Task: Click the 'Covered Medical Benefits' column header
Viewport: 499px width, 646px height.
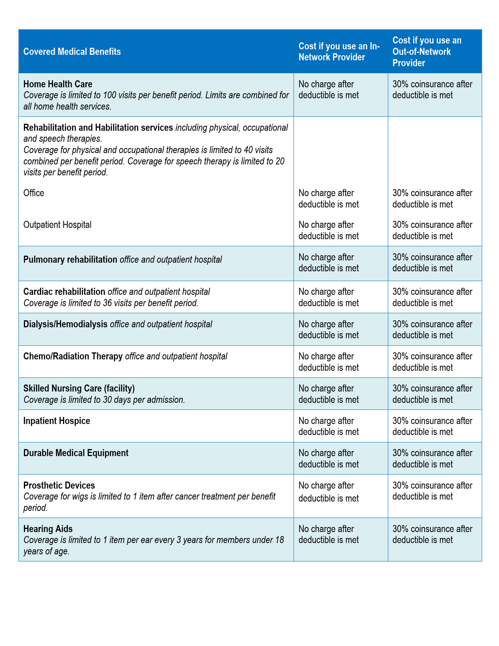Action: [x=72, y=52]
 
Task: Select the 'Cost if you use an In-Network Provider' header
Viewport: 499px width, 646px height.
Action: [x=339, y=52]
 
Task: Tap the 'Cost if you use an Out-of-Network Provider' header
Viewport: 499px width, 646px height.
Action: [x=427, y=52]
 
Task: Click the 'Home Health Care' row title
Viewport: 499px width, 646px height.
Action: [x=58, y=84]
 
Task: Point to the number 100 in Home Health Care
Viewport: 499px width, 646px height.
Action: [x=110, y=95]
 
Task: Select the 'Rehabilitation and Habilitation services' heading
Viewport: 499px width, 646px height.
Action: [x=98, y=128]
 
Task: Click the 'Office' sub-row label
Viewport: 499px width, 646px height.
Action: [x=34, y=193]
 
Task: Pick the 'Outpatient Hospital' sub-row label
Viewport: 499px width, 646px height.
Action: [x=58, y=225]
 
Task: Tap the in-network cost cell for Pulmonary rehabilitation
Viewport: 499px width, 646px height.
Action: [x=328, y=263]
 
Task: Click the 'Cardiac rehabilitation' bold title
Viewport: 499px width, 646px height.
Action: [x=64, y=292]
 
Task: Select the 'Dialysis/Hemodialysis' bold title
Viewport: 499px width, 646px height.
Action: [x=65, y=324]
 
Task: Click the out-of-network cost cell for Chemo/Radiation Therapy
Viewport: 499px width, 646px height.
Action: [x=432, y=362]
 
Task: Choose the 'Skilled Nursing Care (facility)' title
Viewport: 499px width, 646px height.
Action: [x=79, y=388]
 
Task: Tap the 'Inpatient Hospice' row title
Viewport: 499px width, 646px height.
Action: [x=57, y=421]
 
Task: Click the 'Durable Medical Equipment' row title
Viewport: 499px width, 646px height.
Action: [x=76, y=453]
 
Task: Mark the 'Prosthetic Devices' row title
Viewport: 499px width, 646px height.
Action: [x=59, y=485]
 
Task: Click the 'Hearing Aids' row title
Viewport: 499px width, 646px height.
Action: [x=48, y=529]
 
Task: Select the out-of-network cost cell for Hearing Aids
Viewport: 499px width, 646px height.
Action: [x=432, y=534]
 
